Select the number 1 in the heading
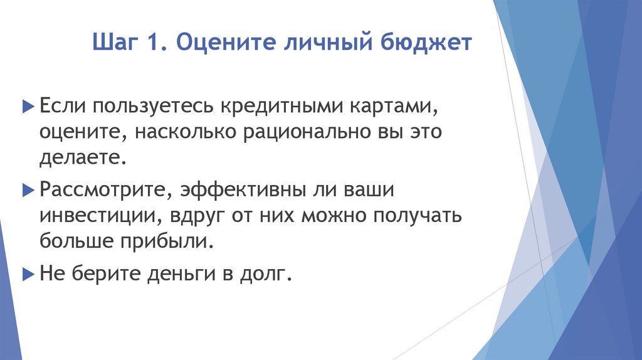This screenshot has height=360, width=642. [x=154, y=45]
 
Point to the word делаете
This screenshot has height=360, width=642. [x=82, y=158]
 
